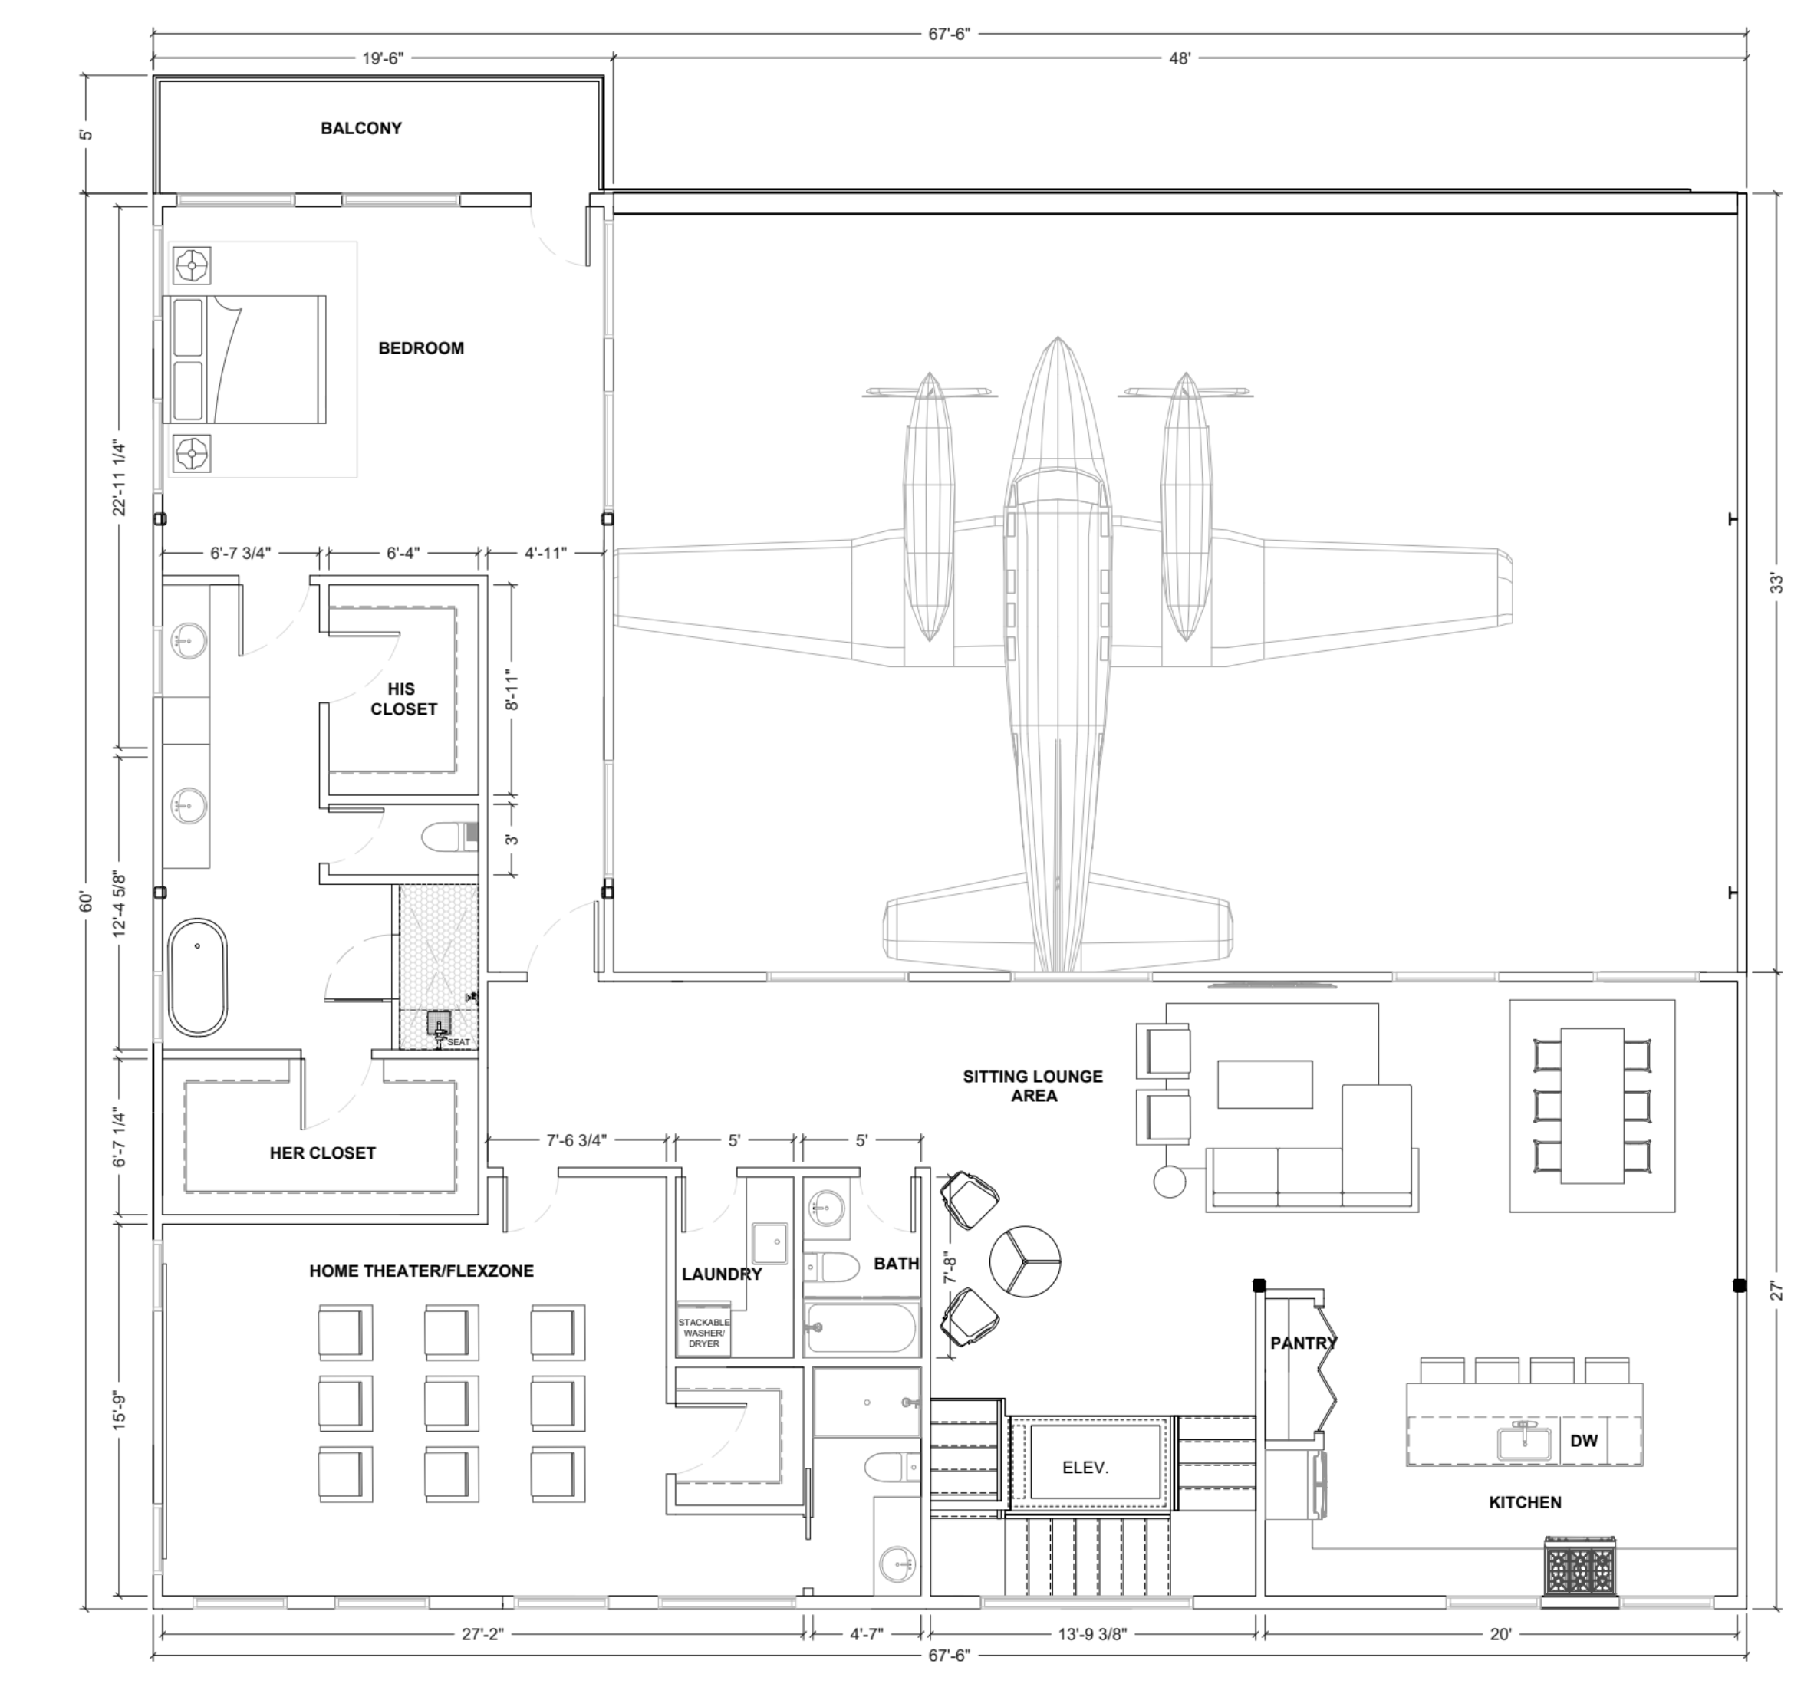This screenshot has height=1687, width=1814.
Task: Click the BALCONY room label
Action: tap(360, 129)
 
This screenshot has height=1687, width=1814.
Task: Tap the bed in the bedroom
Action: tap(245, 359)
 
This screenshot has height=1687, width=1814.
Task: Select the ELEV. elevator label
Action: tap(1085, 1468)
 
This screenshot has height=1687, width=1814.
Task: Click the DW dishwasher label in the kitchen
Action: tap(1583, 1442)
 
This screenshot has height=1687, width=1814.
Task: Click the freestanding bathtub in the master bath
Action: tap(197, 977)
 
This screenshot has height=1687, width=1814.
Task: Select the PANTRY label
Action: tap(1303, 1343)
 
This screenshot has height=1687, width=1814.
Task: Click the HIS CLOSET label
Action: tap(403, 699)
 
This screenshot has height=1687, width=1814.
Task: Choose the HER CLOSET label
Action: tap(322, 1153)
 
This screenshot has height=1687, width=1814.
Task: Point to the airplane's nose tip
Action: tap(1058, 340)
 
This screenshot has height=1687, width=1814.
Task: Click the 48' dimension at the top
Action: tap(1180, 58)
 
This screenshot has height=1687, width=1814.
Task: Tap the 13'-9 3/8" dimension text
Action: tap(1092, 1634)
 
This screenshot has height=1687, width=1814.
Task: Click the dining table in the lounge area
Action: tap(1592, 1106)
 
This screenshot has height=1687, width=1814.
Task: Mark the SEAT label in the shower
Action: tap(459, 1042)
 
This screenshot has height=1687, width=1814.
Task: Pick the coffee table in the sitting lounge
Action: tap(1265, 1084)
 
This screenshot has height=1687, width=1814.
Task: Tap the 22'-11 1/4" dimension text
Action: tap(120, 478)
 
